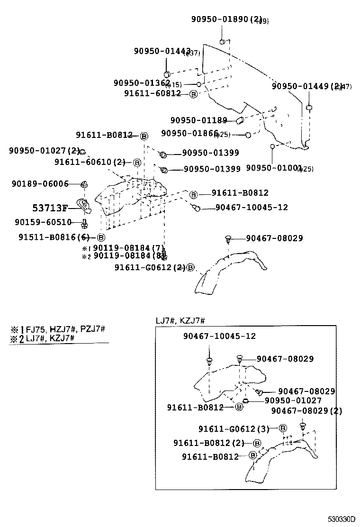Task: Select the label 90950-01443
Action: (162, 51)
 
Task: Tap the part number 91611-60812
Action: (153, 94)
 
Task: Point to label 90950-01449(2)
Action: (306, 86)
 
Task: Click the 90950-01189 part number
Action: (198, 120)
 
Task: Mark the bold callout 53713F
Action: (50, 208)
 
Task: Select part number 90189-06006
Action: (40, 183)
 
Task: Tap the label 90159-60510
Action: (43, 222)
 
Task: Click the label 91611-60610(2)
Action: (90, 162)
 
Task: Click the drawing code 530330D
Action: (339, 519)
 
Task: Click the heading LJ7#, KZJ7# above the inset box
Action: (180, 321)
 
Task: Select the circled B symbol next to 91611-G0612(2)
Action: (190, 268)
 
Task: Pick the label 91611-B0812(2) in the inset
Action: (209, 443)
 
